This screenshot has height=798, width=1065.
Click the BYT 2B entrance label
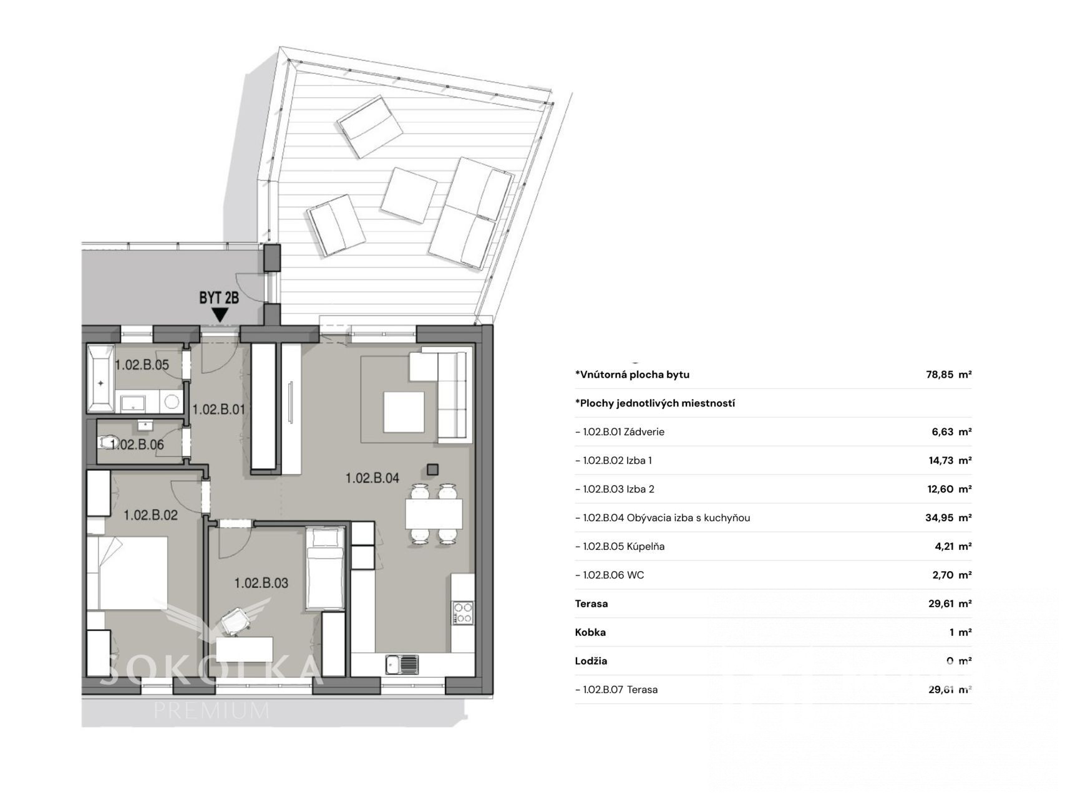219,298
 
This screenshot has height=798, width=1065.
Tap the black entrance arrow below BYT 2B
219,315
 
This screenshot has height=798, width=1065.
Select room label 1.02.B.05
142,365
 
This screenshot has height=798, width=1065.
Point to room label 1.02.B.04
372,478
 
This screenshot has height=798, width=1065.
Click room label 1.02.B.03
261,583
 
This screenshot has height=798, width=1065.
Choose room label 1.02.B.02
150,515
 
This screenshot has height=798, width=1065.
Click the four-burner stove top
463,613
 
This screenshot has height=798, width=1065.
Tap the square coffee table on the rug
404,411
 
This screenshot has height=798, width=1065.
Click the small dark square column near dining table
433,469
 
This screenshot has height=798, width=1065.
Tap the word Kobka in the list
590,632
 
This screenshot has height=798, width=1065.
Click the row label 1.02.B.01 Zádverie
620,431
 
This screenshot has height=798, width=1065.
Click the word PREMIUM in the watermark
212,710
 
